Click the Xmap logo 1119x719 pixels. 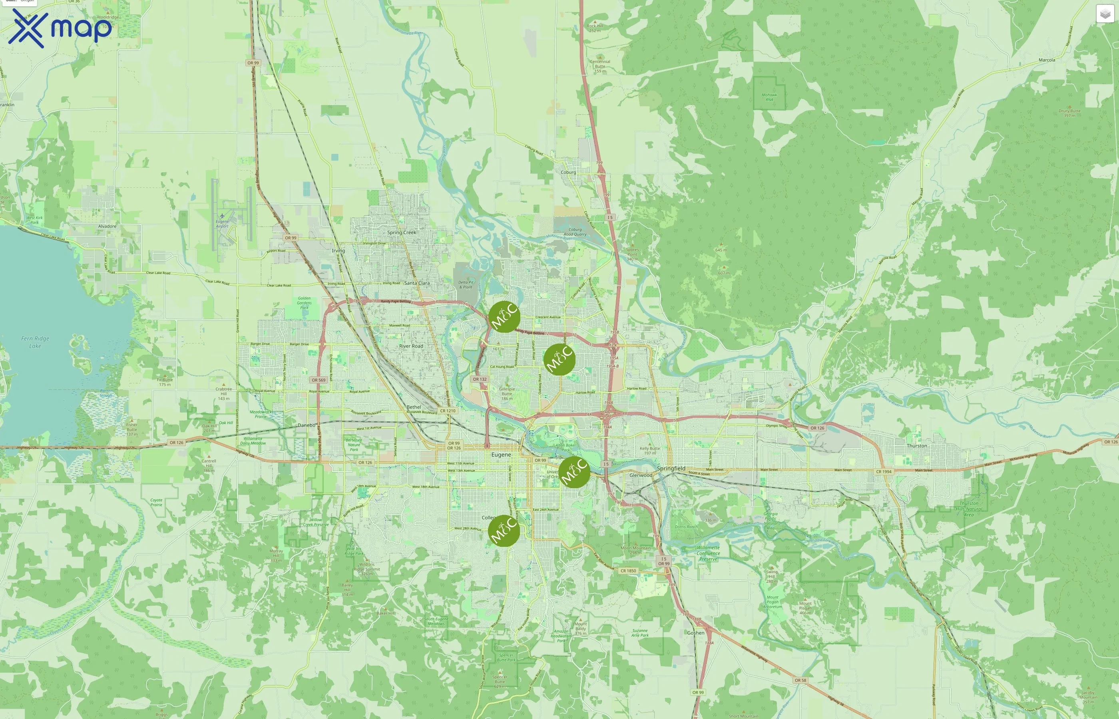click(x=60, y=28)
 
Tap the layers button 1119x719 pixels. click(x=1105, y=14)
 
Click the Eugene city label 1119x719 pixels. click(x=501, y=455)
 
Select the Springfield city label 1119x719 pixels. click(x=671, y=468)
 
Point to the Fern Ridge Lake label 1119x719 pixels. click(x=35, y=342)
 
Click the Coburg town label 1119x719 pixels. click(x=568, y=172)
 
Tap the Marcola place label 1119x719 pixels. click(x=1047, y=60)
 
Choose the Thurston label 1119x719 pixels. click(x=916, y=446)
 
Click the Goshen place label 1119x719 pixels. click(x=695, y=633)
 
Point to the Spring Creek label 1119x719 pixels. click(x=401, y=232)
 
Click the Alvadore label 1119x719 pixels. click(x=107, y=226)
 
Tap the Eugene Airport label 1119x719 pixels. click(x=222, y=224)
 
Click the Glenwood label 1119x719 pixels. click(x=640, y=475)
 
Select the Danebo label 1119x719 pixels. click(x=307, y=425)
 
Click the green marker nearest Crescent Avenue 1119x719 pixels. click(x=504, y=316)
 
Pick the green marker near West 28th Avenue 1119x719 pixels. click(x=504, y=531)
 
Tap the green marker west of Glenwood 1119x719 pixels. click(x=574, y=472)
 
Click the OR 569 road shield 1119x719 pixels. click(x=318, y=380)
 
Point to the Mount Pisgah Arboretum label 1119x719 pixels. click(x=773, y=602)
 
